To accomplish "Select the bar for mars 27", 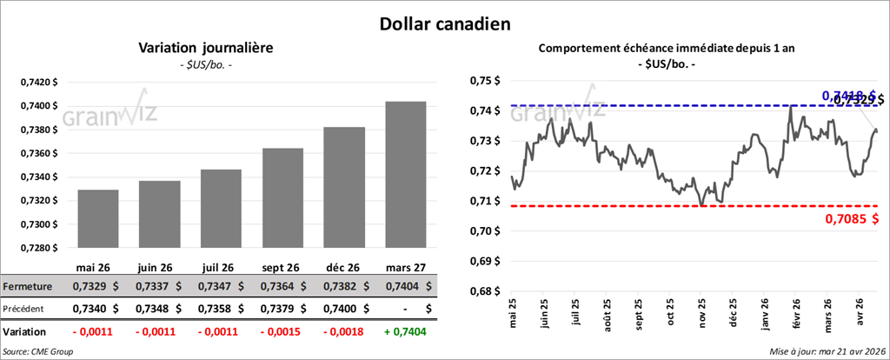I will point(405,174).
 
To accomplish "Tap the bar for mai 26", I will point(97,218).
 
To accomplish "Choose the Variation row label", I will point(25,331).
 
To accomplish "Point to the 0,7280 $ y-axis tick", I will point(39,248).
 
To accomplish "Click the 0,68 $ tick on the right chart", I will point(486,291).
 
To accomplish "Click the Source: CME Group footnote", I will point(38,351).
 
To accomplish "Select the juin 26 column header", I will point(159,267).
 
